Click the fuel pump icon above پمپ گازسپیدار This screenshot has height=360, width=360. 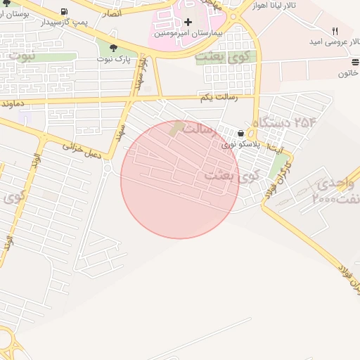[x=65, y=12]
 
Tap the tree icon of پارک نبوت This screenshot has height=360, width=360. [x=113, y=48]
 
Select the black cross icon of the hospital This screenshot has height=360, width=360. [x=188, y=22]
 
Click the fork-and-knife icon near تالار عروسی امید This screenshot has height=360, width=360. [x=335, y=31]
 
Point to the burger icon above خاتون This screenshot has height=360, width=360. [x=354, y=63]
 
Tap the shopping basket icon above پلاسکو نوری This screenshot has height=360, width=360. [x=241, y=133]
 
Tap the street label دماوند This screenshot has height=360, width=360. [x=13, y=103]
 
